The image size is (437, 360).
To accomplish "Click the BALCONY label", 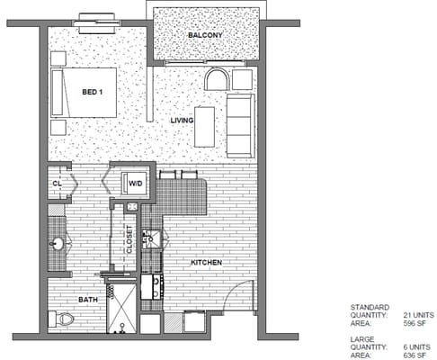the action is (x=205, y=35).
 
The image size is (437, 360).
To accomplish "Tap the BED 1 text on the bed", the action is (x=93, y=92).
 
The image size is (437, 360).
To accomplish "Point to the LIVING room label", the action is (x=182, y=121).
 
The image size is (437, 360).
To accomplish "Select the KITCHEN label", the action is (x=207, y=263).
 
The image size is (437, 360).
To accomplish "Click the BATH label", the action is (x=88, y=300).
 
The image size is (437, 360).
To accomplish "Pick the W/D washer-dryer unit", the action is (x=134, y=183).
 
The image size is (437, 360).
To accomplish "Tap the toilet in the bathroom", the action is (x=61, y=319).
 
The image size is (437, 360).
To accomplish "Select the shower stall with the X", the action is (x=121, y=309).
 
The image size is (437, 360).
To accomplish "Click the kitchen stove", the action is (x=152, y=287).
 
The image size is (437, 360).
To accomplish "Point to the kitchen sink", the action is (x=152, y=239).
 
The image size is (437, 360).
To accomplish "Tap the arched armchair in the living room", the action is (x=218, y=79).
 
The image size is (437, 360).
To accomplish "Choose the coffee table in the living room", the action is (x=204, y=127).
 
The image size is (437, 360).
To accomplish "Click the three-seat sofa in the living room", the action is (x=240, y=126).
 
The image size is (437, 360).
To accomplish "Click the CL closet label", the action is (x=57, y=184).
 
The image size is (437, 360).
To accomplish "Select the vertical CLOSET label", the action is (x=129, y=239).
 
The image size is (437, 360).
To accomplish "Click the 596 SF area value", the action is (x=415, y=323).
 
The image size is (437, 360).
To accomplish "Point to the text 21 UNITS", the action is (x=418, y=315).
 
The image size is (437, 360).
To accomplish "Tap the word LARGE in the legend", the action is (x=362, y=339).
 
